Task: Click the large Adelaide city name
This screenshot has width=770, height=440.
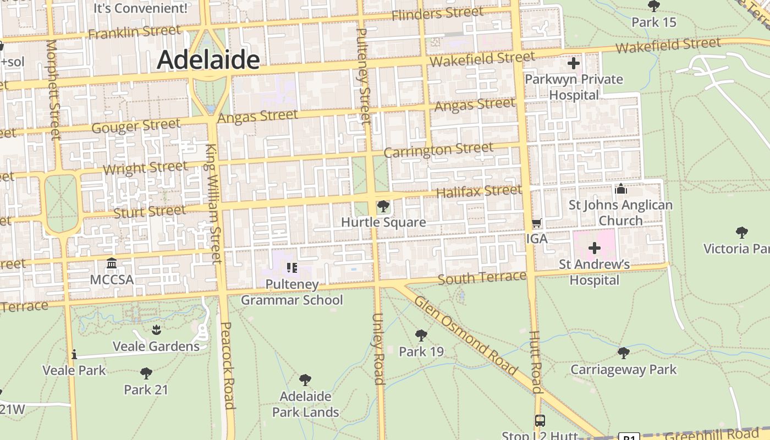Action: (208, 60)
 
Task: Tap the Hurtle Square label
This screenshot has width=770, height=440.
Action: (383, 222)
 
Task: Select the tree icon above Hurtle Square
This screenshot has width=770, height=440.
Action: (383, 207)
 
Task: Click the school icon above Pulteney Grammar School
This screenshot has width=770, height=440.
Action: (291, 268)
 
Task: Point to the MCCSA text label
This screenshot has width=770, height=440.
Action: (112, 279)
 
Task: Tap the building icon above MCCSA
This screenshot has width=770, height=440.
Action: (112, 263)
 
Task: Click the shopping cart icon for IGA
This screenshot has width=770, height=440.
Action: (537, 223)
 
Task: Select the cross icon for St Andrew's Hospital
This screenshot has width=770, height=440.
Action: (594, 248)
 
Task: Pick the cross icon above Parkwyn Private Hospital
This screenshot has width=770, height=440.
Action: (574, 63)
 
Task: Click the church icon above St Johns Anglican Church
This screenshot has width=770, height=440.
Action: (620, 189)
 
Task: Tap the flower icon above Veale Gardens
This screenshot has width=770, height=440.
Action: (156, 330)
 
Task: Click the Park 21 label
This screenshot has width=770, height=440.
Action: (146, 389)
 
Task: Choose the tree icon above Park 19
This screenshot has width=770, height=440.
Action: (421, 335)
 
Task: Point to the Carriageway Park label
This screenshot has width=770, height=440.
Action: (623, 370)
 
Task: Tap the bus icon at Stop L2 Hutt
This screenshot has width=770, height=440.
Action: (540, 421)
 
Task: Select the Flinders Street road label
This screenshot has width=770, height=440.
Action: (437, 13)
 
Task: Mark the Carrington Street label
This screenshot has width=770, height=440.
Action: (438, 150)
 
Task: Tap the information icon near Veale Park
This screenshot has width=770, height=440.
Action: (74, 354)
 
